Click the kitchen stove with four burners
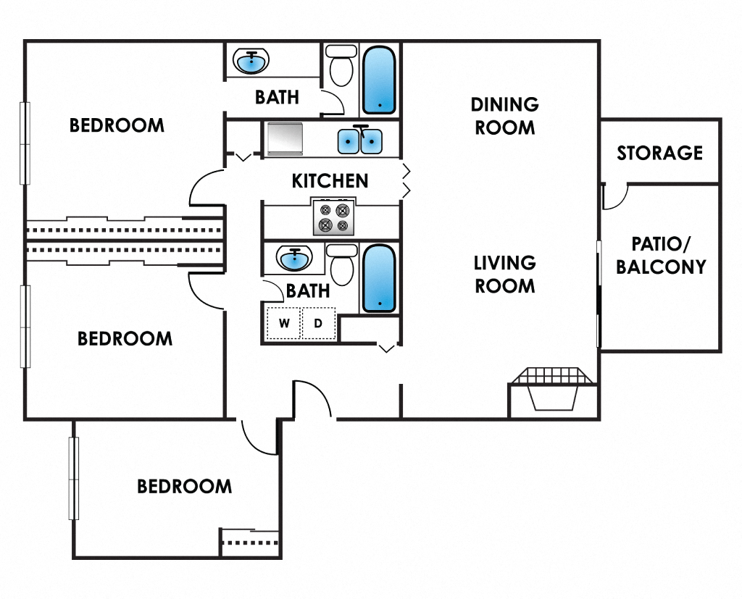click(x=334, y=217)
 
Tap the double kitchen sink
click(x=359, y=140)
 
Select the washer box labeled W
click(x=284, y=323)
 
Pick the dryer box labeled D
click(x=318, y=323)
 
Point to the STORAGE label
click(x=659, y=153)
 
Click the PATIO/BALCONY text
click(x=660, y=255)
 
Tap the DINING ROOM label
click(x=504, y=116)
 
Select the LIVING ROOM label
click(x=504, y=274)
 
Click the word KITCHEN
click(x=330, y=180)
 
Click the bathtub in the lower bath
click(x=379, y=278)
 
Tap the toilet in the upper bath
click(x=341, y=66)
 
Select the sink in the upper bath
click(x=251, y=62)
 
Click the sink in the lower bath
click(x=293, y=258)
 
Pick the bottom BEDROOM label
click(x=185, y=486)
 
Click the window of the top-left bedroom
click(x=25, y=143)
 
